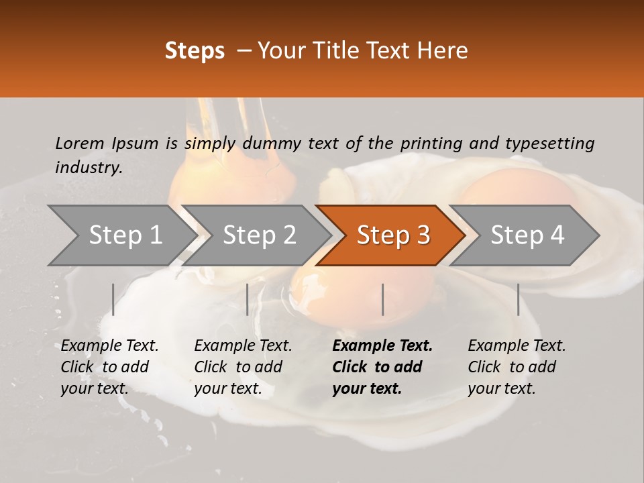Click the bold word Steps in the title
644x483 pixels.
point(195,51)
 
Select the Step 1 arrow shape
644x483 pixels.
point(121,235)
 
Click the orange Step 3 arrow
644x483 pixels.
point(391,235)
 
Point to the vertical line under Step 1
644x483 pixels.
point(113,299)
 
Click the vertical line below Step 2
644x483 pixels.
point(248,299)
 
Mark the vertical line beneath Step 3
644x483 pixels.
point(383,299)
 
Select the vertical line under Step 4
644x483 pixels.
point(518,299)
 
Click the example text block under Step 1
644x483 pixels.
point(109,367)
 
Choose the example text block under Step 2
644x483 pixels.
point(243,367)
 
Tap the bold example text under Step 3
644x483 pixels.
point(382,367)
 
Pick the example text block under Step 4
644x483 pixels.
point(517,367)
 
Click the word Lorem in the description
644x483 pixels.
point(79,144)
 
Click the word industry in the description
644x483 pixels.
point(89,168)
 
